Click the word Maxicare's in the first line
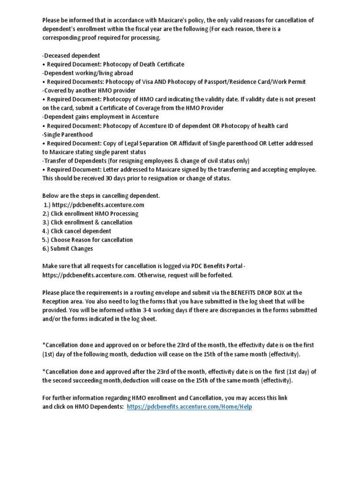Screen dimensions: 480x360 pyautogui.click(x=171, y=20)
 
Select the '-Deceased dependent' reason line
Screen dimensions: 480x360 pyautogui.click(x=71, y=55)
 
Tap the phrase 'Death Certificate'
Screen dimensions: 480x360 pyautogui.click(x=161, y=64)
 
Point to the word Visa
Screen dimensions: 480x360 pyautogui.click(x=157, y=82)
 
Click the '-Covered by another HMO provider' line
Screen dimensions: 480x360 pyautogui.click(x=89, y=90)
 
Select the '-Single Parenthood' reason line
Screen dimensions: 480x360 pyautogui.click(x=67, y=135)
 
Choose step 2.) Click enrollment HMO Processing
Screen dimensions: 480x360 pyautogui.click(x=90, y=214)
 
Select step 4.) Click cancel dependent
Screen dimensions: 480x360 pyautogui.click(x=77, y=231)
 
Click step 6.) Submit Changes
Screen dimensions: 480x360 pyautogui.click(x=67, y=248)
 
